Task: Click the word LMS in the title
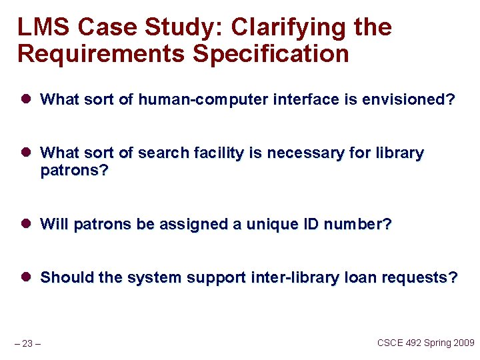pyautogui.click(x=44, y=28)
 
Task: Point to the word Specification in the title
pyautogui.click(x=271, y=53)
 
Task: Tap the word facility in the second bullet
pyautogui.click(x=217, y=153)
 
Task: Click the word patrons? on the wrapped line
pyautogui.click(x=74, y=171)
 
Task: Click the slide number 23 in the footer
pyautogui.click(x=27, y=344)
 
